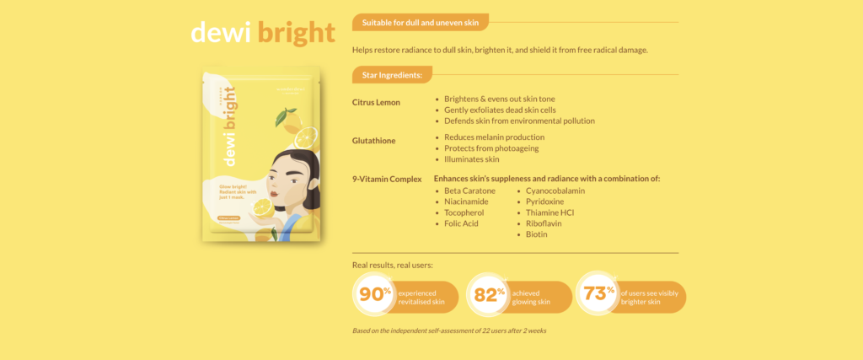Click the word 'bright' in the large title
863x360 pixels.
pos(296,33)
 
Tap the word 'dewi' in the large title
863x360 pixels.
pos(221,33)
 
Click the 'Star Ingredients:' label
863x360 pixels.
pos(392,75)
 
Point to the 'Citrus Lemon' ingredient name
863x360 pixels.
pos(376,102)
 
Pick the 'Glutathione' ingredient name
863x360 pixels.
pos(373,141)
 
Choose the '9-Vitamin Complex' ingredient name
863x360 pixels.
pos(387,179)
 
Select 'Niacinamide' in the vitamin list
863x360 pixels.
pos(466,201)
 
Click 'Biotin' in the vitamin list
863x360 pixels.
pos(537,234)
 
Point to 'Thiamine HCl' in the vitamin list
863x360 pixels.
pos(549,212)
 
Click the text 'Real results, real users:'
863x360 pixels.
pos(393,266)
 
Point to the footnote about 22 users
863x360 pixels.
pos(449,330)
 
